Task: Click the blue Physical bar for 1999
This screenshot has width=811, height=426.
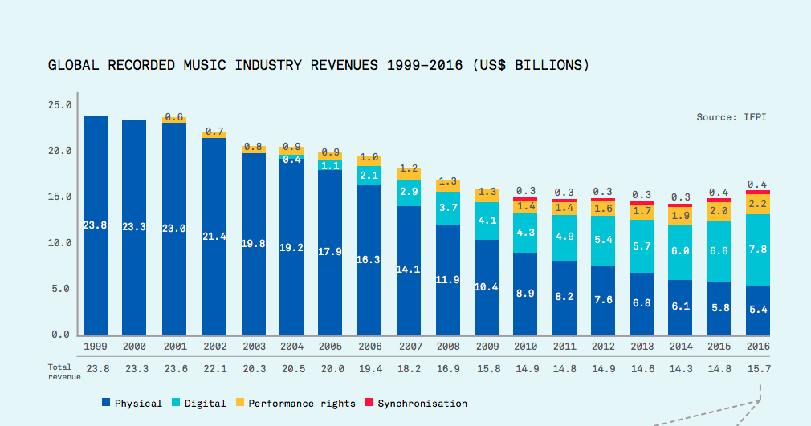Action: click(x=96, y=225)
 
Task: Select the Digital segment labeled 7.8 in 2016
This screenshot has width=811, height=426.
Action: click(x=757, y=250)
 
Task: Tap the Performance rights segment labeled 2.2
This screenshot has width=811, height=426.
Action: click(x=757, y=204)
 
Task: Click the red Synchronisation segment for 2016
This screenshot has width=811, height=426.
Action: click(x=757, y=192)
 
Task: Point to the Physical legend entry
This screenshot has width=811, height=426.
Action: click(x=132, y=403)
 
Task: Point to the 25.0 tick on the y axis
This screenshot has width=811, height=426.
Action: click(x=61, y=104)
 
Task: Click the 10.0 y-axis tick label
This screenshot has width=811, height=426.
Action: click(x=61, y=242)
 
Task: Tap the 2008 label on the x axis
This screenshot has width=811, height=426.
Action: click(x=448, y=346)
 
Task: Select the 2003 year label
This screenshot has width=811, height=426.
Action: click(x=254, y=346)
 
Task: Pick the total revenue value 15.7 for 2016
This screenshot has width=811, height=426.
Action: click(x=757, y=369)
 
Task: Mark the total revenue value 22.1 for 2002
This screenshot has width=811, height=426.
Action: click(x=214, y=369)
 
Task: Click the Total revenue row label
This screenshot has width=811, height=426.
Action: click(x=60, y=371)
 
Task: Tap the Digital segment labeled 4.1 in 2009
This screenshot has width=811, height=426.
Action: click(x=487, y=221)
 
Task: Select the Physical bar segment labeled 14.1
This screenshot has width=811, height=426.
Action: click(x=409, y=270)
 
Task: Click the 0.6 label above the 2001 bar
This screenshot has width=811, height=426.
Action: click(x=174, y=117)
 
